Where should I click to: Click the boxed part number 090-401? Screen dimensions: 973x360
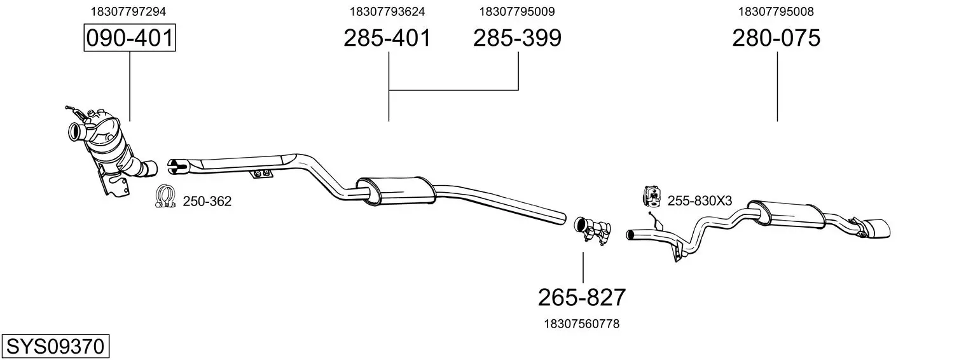point(130,38)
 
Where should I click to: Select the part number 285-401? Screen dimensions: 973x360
point(387,38)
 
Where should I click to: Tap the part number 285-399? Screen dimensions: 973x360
point(517,38)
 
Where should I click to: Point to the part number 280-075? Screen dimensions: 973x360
point(776,38)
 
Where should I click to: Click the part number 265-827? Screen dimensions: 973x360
point(582,298)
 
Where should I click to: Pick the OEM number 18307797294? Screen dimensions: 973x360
point(128,11)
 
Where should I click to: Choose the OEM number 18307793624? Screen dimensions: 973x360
point(387,11)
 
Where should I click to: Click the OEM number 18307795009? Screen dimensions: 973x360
point(517,11)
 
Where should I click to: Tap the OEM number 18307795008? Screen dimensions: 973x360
point(776,11)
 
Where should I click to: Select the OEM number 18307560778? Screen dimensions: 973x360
point(582,324)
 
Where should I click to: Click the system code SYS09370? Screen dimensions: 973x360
point(55,347)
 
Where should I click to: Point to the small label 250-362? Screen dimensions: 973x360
point(207,202)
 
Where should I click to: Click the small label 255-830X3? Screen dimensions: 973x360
point(700,200)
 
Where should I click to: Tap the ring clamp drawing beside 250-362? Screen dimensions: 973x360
point(165,196)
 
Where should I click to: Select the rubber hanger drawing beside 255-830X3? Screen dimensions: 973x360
point(652,197)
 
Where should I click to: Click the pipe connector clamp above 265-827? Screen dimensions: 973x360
point(593,231)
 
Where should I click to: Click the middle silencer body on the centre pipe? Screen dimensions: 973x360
point(396,191)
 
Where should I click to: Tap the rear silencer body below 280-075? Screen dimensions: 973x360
point(786,214)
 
